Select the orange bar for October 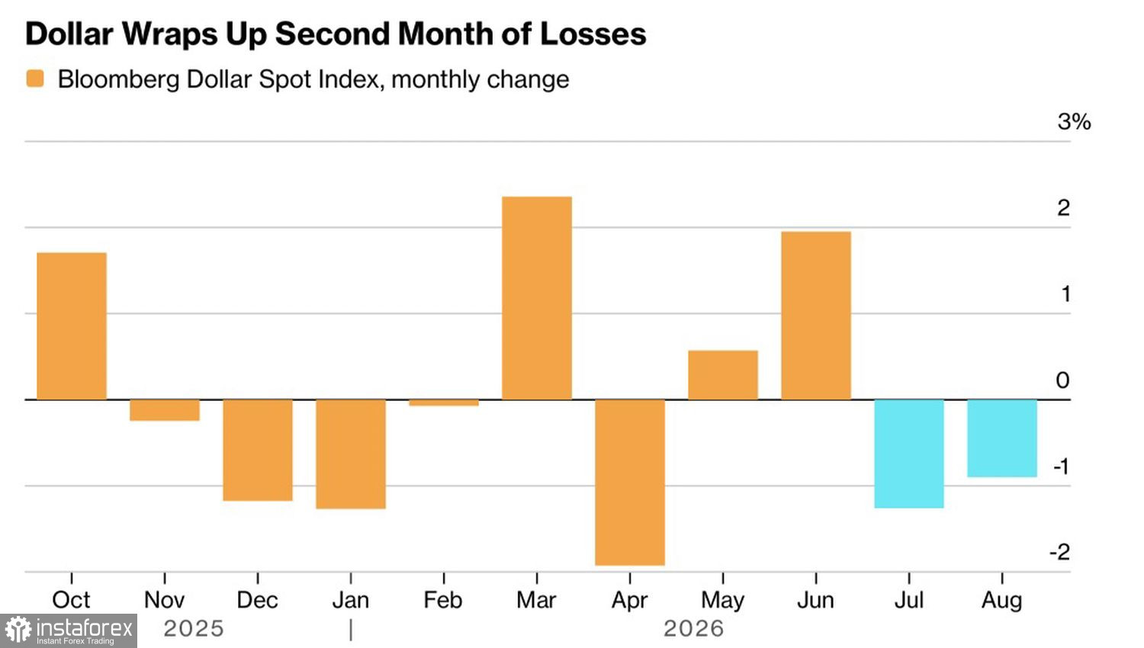coord(72,326)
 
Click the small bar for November coord(165,410)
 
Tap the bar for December coord(258,450)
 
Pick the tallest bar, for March coord(537,298)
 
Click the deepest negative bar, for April coord(630,483)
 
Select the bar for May coord(723,375)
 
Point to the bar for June coord(816,316)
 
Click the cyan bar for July coord(909,454)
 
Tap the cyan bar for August coord(1002,438)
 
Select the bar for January coord(351,454)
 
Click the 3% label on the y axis coord(1074,121)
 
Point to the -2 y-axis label coord(1060,552)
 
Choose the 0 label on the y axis coord(1063,380)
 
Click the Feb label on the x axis coord(443,600)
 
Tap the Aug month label coord(1002,601)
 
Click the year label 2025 coord(194,629)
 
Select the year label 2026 coord(693,629)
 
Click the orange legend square coord(35,79)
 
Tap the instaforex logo coord(69,630)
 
